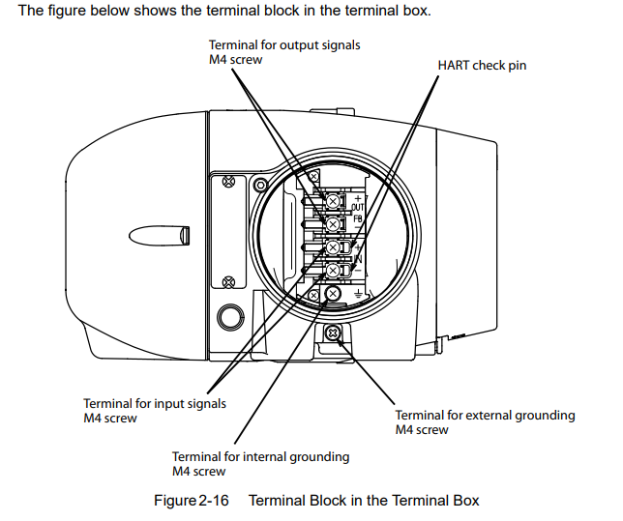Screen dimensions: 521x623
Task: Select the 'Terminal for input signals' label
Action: pyautogui.click(x=155, y=403)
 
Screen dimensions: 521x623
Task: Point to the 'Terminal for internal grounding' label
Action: pyautogui.click(x=261, y=456)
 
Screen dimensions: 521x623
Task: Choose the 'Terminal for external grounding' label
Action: pyautogui.click(x=485, y=415)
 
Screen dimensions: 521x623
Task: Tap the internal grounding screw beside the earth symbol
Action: pyautogui.click(x=333, y=293)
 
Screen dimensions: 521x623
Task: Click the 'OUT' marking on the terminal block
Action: pyautogui.click(x=357, y=207)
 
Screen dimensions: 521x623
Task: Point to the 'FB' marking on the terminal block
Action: pyautogui.click(x=357, y=219)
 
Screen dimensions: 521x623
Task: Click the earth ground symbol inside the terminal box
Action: pyautogui.click(x=358, y=292)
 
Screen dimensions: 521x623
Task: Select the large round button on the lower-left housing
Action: pyautogui.click(x=231, y=316)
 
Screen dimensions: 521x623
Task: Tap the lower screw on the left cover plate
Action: pyautogui.click(x=228, y=280)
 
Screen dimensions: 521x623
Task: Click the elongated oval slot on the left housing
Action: pyautogui.click(x=161, y=235)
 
